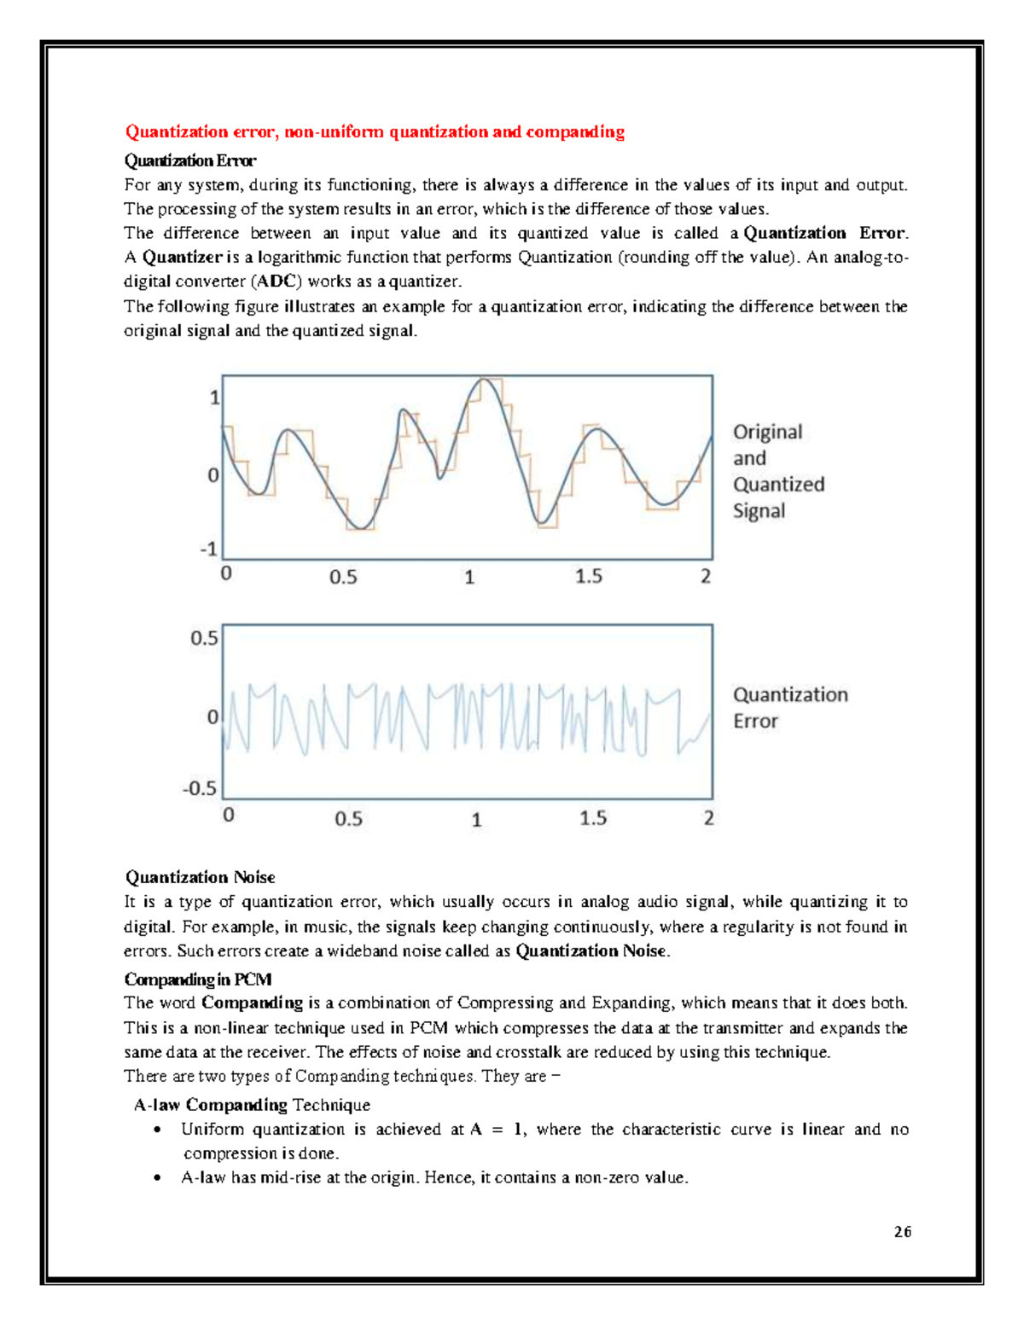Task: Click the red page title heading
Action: coord(375,131)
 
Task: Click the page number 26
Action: coord(903,1231)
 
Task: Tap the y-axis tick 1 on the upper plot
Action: coord(215,398)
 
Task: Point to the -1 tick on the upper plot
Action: coord(209,549)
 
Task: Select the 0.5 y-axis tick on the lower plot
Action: coord(204,638)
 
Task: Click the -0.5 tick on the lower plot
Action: coord(200,787)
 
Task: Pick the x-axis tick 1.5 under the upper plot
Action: coord(589,577)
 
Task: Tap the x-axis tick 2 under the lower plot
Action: coord(708,818)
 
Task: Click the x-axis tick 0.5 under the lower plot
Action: coord(348,819)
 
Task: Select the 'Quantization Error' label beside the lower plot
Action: coord(790,707)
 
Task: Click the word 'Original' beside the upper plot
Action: coord(767,432)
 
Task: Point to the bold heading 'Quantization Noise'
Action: coord(200,877)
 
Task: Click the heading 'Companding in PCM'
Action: coord(198,979)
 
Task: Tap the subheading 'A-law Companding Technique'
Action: coord(252,1105)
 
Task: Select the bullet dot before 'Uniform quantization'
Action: coord(156,1130)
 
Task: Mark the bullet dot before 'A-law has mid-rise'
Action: coord(156,1178)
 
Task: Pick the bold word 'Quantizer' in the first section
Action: coord(182,257)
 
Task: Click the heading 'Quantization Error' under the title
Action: coord(189,160)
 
